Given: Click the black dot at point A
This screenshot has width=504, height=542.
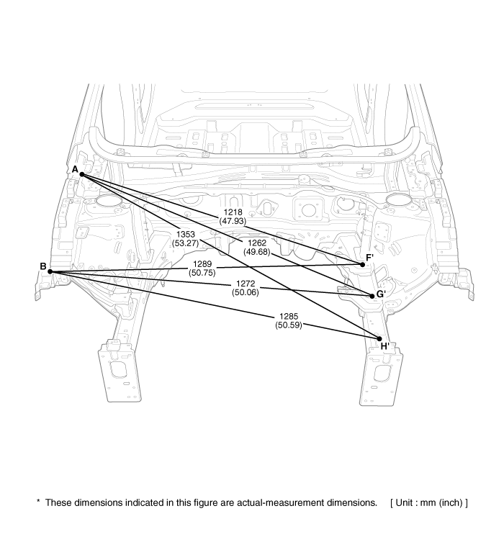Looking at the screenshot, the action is (x=82, y=174).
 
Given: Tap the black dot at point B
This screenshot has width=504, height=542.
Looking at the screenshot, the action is (x=50, y=271).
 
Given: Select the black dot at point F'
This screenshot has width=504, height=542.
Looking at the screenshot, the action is (x=362, y=265).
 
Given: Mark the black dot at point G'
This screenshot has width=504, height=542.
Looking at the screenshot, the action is (x=372, y=297).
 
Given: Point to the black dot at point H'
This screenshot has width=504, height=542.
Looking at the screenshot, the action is (x=379, y=339).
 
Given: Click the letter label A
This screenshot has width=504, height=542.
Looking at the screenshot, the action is (x=75, y=169).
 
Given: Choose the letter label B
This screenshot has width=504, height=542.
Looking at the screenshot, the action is (x=43, y=266).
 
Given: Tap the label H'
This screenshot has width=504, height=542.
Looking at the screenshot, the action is (x=384, y=346).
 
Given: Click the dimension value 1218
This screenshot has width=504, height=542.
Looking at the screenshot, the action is (x=233, y=212).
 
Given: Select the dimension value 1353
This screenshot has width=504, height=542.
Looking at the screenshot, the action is (x=186, y=235).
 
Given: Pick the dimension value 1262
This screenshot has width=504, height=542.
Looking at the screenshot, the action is (x=257, y=243).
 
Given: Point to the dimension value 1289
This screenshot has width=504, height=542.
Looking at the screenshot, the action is (x=202, y=264).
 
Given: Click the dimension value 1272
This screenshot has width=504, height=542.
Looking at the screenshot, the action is (x=246, y=284).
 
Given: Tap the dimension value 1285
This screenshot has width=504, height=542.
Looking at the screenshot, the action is (x=289, y=317).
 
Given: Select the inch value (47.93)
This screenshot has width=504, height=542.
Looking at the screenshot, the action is (x=233, y=221).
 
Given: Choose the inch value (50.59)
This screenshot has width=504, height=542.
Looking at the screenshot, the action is (x=289, y=325).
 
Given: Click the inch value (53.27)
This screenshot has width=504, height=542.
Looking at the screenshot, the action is (x=186, y=243).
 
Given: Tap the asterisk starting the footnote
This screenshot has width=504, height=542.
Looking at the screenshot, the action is (x=38, y=501).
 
